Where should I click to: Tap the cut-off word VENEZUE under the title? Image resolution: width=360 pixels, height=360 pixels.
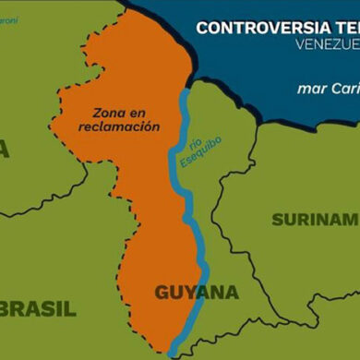328,43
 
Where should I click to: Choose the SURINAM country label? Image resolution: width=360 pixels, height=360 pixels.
315,219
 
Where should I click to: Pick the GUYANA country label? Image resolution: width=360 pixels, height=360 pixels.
195,293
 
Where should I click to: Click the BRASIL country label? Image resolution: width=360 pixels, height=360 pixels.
38,308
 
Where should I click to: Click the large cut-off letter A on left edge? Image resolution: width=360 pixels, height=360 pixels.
4,149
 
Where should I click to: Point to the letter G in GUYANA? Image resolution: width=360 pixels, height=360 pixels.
161,293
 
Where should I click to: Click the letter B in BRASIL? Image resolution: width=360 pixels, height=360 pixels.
7,308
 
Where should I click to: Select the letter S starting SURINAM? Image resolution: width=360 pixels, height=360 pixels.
278,220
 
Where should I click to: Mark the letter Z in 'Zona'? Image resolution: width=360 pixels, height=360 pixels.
95,114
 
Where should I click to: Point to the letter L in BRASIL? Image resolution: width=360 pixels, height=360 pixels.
71,308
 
